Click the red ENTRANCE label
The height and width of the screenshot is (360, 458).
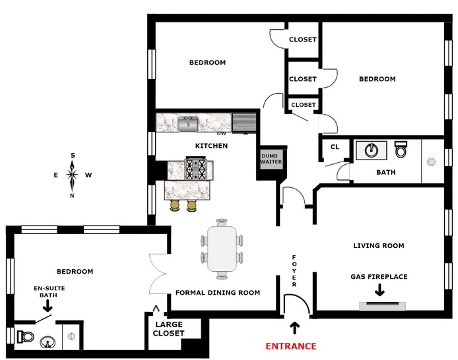290,346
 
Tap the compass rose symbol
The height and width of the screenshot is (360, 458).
73,175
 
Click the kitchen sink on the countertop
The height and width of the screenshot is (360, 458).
189,122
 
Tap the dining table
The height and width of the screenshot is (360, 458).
222,249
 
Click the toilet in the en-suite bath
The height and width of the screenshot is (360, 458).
24,336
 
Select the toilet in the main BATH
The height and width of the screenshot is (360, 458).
401,150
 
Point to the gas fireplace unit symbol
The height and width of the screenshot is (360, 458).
383,306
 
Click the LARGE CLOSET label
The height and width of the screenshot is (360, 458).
168,329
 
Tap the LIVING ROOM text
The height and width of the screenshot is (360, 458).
378,246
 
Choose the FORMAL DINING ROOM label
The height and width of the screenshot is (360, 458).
217,293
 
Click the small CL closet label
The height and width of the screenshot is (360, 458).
335,147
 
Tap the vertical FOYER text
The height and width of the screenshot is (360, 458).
294,270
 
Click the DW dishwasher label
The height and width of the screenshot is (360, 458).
221,133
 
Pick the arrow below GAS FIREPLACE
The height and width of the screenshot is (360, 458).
378,288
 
